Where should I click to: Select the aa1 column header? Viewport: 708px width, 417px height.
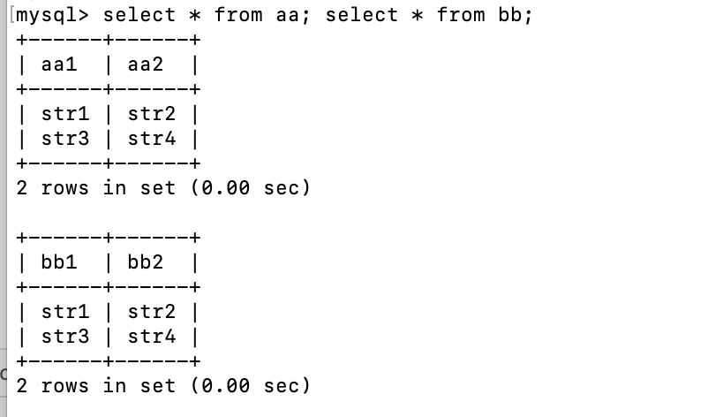(59, 64)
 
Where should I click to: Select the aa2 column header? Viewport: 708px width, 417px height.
(146, 64)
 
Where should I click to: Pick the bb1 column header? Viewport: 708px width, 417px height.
(59, 262)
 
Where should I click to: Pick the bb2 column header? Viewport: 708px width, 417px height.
(146, 262)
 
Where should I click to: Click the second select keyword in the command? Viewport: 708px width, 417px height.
(362, 16)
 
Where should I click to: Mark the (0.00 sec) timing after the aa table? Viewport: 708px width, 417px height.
(250, 188)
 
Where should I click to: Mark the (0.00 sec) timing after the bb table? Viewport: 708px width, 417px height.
(250, 386)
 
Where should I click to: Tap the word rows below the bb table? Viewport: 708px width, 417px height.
(65, 386)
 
